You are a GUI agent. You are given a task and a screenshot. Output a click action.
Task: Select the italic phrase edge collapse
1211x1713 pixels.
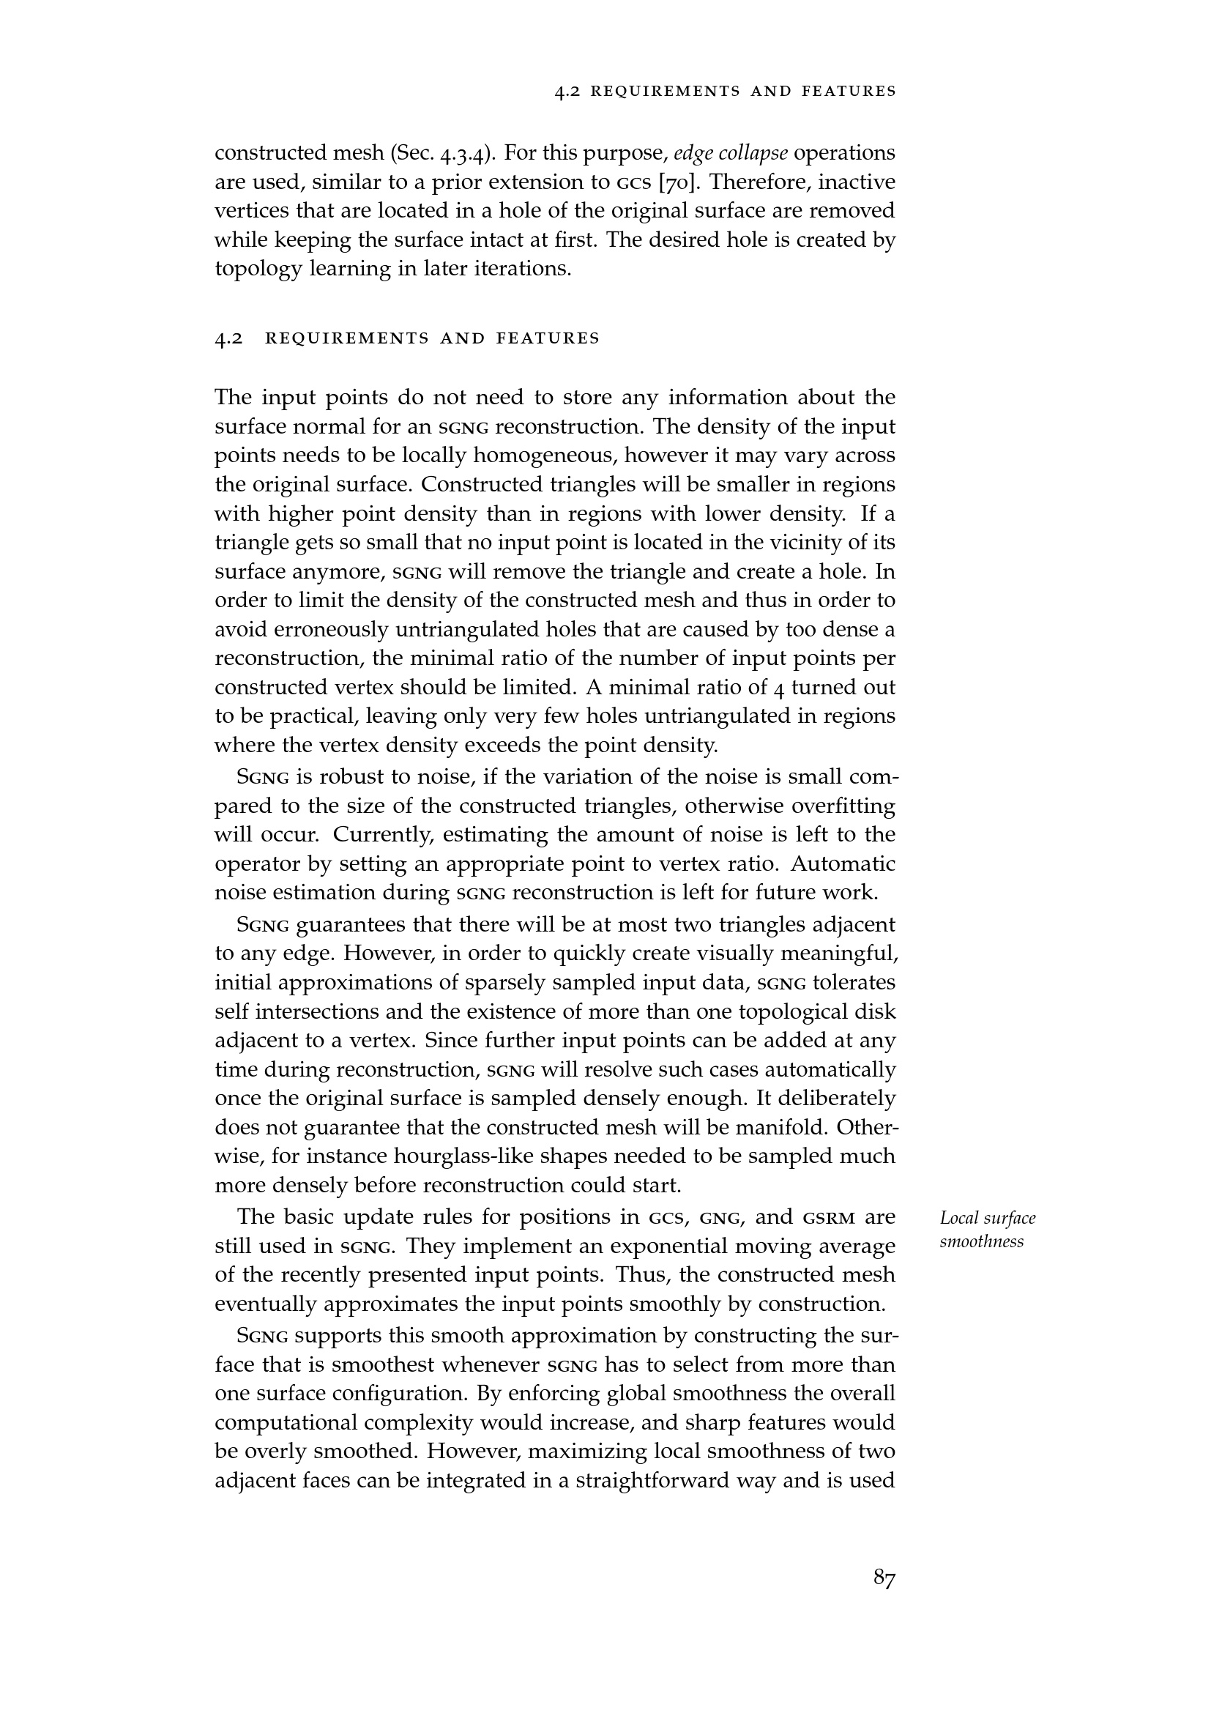(730, 153)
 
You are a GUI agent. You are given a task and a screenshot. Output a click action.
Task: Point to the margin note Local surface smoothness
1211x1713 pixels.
(987, 1230)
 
